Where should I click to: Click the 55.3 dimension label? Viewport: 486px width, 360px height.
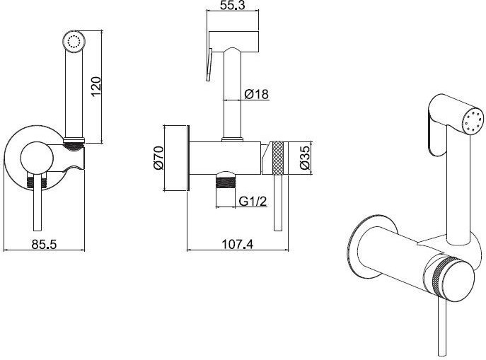232,5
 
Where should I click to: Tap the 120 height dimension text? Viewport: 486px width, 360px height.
97,86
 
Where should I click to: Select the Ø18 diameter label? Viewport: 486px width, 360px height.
257,94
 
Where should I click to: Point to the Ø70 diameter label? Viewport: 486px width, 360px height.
158,158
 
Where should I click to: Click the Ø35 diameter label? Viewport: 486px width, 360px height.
305,158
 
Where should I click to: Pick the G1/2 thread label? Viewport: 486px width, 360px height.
253,202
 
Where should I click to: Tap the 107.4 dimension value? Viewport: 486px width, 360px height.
238,244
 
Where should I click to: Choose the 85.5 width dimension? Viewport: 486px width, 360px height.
45,244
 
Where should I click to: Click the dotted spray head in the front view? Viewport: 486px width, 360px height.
74,41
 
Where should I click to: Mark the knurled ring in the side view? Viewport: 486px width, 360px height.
278,158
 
